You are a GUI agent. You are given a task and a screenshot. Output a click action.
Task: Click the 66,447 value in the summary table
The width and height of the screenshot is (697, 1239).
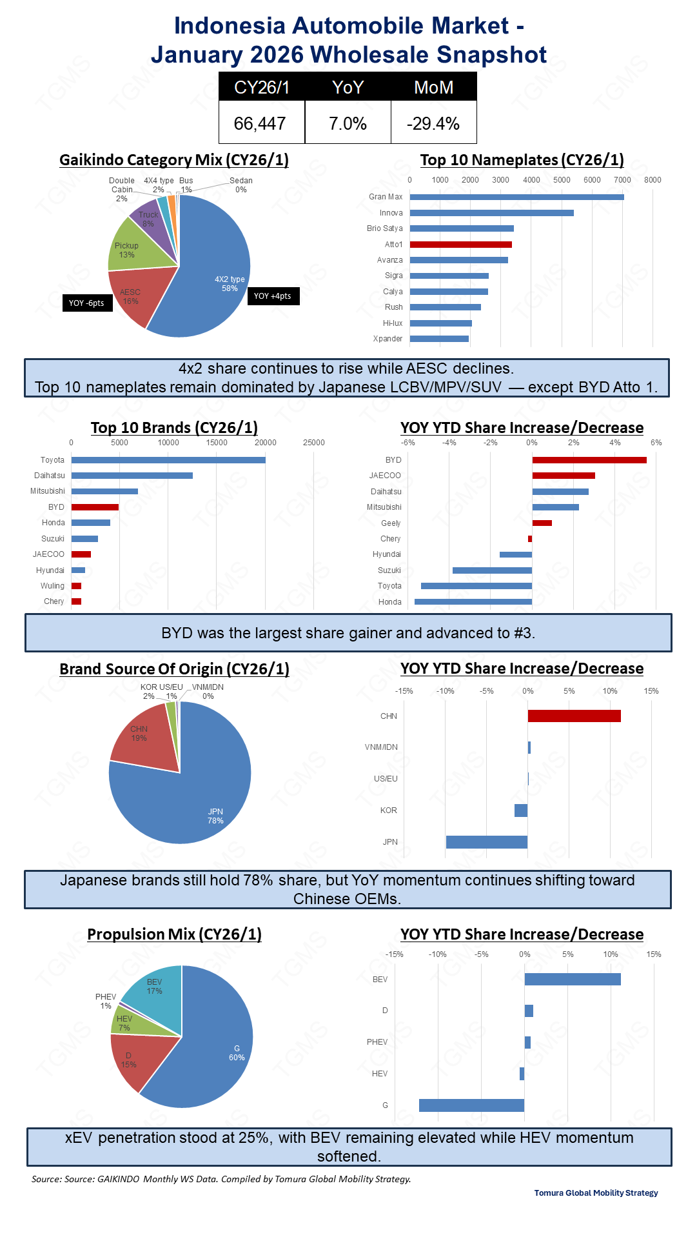[260, 123]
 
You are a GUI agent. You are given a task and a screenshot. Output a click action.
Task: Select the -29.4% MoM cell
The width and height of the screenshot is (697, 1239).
[433, 123]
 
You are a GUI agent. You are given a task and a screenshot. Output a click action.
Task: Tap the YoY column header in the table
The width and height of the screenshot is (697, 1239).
[348, 87]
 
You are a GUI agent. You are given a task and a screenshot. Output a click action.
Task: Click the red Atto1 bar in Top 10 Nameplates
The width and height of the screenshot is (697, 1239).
[460, 245]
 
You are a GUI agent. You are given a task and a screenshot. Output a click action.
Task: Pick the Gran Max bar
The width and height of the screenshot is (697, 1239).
[516, 197]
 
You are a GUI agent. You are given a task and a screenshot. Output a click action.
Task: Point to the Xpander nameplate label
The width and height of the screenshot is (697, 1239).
[388, 339]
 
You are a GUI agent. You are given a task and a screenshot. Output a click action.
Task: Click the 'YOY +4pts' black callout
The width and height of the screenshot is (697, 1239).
[273, 296]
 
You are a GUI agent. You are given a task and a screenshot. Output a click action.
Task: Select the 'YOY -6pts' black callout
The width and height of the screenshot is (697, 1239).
[86, 303]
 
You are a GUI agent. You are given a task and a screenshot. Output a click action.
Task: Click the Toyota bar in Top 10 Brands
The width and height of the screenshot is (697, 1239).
[168, 460]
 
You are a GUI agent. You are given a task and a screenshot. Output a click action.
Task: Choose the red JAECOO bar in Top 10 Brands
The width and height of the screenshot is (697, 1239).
[81, 554]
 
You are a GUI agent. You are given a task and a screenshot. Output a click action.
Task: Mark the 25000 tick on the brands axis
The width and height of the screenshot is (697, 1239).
[314, 443]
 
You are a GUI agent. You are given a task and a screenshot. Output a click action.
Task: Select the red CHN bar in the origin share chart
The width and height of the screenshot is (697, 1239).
[574, 716]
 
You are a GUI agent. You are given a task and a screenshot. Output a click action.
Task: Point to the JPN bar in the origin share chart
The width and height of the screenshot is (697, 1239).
[486, 842]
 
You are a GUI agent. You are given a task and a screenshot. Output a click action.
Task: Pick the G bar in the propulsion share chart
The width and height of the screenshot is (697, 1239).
[471, 1105]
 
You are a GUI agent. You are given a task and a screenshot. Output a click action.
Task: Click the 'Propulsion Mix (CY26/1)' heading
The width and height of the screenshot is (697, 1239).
[174, 934]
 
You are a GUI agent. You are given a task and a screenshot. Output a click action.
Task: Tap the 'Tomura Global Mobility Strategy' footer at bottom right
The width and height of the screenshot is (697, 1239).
[596, 1193]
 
